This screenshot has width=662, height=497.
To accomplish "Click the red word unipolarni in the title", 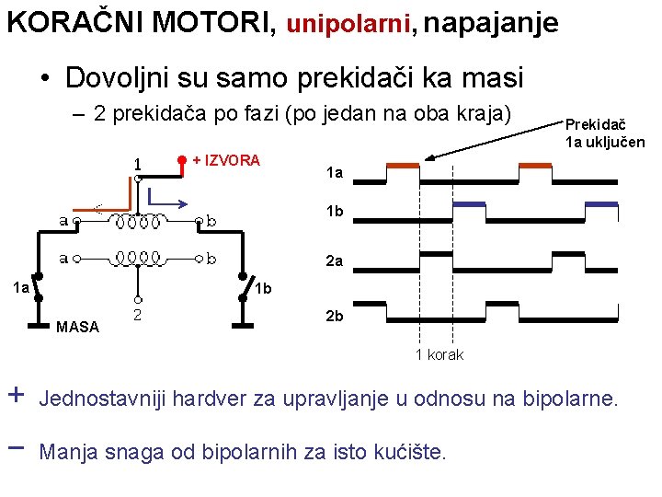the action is [x=348, y=24].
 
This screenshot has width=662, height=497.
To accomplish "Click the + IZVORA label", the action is [x=227, y=160].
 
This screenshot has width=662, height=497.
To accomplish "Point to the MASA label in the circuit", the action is [x=77, y=326].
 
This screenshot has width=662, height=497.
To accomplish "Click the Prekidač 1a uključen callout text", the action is [x=604, y=133].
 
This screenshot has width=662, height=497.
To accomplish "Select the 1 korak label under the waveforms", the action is [x=439, y=354].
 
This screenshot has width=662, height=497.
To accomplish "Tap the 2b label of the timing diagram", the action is [x=335, y=316].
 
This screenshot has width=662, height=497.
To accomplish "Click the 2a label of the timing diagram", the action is [x=335, y=261].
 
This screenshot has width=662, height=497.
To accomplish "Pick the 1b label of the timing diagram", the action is [x=335, y=212].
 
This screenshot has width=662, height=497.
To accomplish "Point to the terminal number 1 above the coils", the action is [x=136, y=164].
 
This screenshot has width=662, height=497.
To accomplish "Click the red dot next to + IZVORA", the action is [x=182, y=160].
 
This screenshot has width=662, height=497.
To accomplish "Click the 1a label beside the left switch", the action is [x=21, y=288].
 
